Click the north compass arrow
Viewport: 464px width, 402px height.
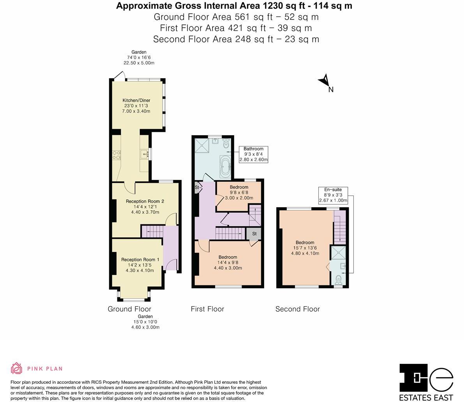pyautogui.click(x=324, y=81)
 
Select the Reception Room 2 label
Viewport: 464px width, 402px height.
pyautogui.click(x=145, y=207)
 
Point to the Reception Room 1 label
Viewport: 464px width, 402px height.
pyautogui.click(x=140, y=265)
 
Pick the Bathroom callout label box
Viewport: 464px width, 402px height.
pyautogui.click(x=253, y=154)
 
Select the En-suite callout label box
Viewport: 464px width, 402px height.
pyautogui.click(x=333, y=195)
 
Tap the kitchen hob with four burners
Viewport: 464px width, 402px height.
pyautogui.click(x=116, y=155)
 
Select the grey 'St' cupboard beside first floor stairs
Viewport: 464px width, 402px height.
pyautogui.click(x=254, y=234)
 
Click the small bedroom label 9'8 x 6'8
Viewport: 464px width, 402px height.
pyautogui.click(x=238, y=192)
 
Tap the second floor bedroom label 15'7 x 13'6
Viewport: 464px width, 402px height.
pyautogui.click(x=305, y=248)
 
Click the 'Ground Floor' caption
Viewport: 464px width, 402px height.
pyautogui.click(x=129, y=309)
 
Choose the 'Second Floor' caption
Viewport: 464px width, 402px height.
pyautogui.click(x=297, y=309)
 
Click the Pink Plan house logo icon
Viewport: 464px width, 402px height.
pyautogui.click(x=17, y=368)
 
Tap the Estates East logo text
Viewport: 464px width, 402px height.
pyautogui.click(x=426, y=398)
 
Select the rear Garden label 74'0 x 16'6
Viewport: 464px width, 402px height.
pyautogui.click(x=139, y=57)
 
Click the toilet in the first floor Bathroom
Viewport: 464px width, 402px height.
pyautogui.click(x=226, y=144)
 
